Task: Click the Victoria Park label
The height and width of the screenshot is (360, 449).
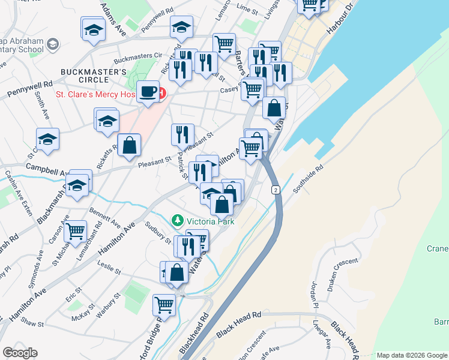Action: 210,221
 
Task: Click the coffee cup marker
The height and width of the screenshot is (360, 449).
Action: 148,92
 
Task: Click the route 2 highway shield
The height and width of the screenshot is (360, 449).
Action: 276,190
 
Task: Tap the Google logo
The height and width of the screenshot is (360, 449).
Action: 20,353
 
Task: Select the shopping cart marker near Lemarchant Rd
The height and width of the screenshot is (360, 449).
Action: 76,231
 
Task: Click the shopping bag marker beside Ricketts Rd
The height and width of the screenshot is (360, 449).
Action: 129,145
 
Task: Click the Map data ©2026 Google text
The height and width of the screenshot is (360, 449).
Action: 412,355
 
